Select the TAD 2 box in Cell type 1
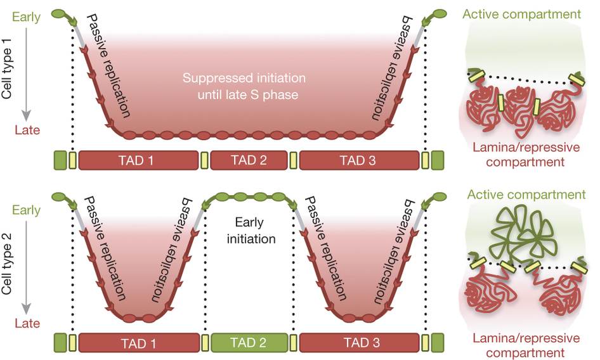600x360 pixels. click(x=249, y=160)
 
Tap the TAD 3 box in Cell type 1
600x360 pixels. click(x=358, y=160)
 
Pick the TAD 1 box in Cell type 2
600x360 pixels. click(x=139, y=343)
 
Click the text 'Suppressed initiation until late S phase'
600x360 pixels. click(x=244, y=87)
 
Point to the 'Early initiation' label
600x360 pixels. click(x=254, y=231)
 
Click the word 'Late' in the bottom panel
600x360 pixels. click(x=27, y=323)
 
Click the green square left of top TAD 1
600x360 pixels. click(x=60, y=160)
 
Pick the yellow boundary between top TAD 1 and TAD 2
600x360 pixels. click(x=204, y=160)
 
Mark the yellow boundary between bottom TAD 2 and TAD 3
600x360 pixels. click(x=294, y=343)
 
